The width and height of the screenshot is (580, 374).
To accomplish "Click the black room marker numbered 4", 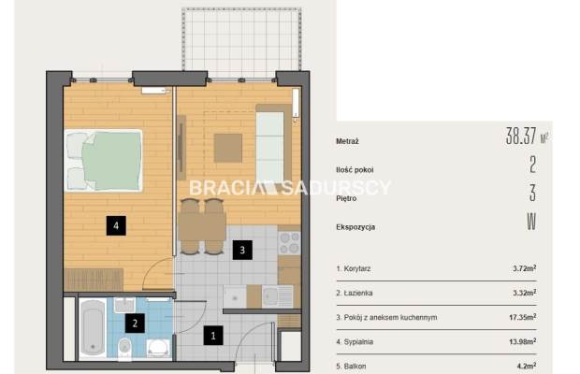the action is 116,225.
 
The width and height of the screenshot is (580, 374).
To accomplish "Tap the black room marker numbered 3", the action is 242,250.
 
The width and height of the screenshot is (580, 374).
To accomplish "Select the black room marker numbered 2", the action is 135,324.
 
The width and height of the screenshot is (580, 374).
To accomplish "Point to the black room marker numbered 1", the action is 213,336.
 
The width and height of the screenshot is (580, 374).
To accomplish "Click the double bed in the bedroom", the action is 103,161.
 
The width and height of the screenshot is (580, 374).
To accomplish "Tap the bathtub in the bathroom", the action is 93,328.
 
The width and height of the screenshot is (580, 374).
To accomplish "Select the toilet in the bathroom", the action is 124,348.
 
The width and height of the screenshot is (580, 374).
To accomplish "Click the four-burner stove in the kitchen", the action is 289,243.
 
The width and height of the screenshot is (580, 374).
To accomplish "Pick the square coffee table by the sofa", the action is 228,148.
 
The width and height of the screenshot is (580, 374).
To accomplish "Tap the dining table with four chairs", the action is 202,226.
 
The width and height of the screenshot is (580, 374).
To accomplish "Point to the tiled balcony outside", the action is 241,39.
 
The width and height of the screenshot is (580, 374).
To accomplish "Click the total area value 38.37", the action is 521,136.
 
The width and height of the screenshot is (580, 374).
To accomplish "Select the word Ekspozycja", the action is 355,227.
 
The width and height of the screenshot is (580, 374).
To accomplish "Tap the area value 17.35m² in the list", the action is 523,317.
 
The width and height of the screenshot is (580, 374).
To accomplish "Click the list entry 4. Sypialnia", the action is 355,342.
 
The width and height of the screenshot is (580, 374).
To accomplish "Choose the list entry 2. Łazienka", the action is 355,293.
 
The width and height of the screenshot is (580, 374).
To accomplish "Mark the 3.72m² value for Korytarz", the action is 525,268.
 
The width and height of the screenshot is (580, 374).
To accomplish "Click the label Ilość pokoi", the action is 355,170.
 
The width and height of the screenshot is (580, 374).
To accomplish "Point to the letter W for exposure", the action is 531,222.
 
